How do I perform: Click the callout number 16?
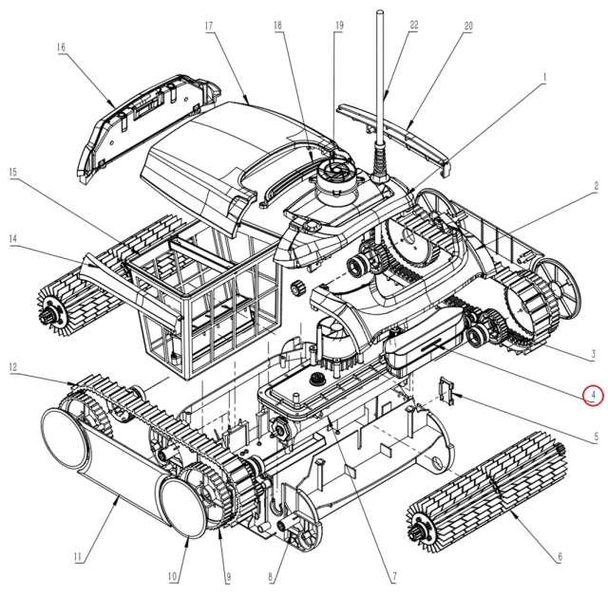tap(61, 46)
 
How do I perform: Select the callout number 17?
tap(207, 27)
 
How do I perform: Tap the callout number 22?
tap(413, 26)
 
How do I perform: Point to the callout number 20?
tap(467, 27)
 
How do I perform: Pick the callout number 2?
tap(596, 187)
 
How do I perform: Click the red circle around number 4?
tap(593, 395)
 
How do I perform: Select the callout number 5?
tap(593, 438)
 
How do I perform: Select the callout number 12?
tap(13, 366)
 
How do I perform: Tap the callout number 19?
tap(337, 27)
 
